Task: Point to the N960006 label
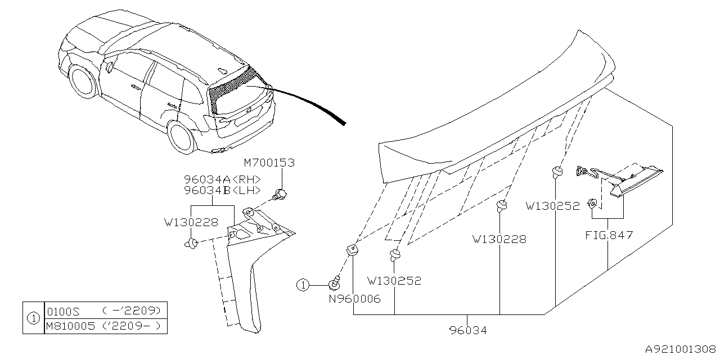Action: click(x=355, y=299)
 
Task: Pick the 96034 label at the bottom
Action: click(x=468, y=330)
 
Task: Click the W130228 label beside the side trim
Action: click(x=191, y=222)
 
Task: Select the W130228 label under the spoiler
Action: click(x=499, y=239)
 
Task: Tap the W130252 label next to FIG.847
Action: click(x=552, y=206)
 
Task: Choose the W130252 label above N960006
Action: click(x=394, y=281)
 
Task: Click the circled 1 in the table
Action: click(x=33, y=318)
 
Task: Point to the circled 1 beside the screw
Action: click(x=303, y=285)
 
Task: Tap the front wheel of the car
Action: click(x=83, y=80)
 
